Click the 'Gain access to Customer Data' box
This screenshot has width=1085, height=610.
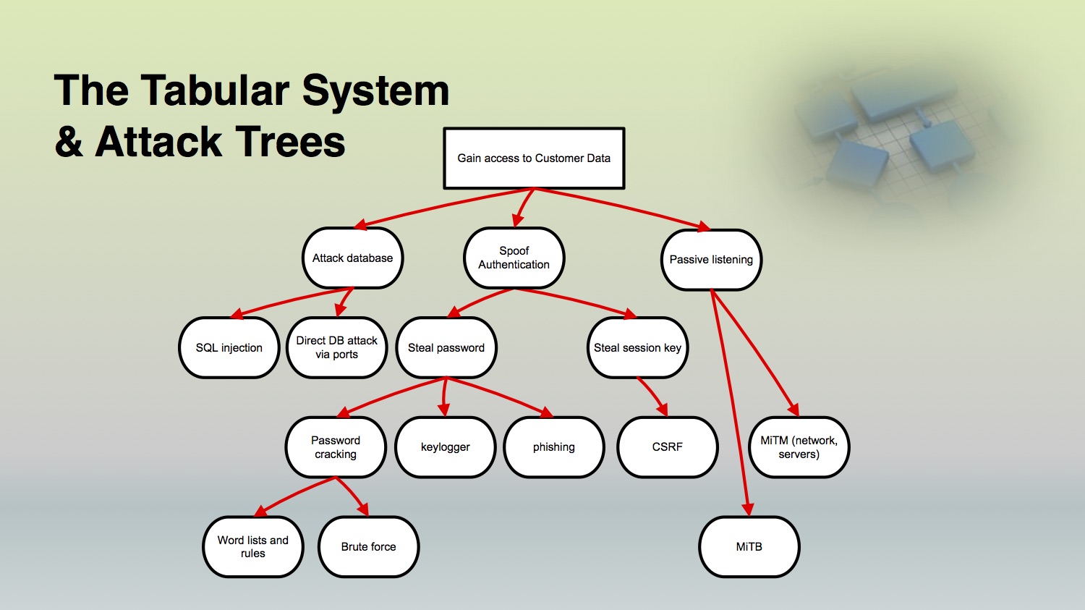coord(534,158)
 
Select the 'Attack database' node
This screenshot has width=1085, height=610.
coord(353,258)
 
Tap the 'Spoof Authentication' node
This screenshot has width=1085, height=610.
coord(514,258)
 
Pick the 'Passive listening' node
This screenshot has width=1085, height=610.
coord(711,260)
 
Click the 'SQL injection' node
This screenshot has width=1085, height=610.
coord(229,347)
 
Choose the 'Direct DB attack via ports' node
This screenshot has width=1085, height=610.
coord(336,347)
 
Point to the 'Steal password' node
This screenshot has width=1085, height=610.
coord(446,347)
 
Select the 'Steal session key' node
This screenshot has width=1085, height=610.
coord(637,347)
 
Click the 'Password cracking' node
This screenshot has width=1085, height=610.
coord(336,447)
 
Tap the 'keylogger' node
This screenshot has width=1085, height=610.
coord(445,447)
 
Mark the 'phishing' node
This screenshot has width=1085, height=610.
coord(553,447)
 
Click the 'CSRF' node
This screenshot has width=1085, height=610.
coord(668,447)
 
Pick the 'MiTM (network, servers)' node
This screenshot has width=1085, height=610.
coord(799,447)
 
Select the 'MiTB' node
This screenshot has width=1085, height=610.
coord(749,546)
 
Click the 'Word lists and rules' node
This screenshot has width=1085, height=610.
coord(253,546)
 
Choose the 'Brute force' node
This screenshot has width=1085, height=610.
coord(369,546)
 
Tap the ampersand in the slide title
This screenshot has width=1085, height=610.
coord(69,142)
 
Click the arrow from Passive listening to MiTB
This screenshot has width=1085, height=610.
coord(730,402)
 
